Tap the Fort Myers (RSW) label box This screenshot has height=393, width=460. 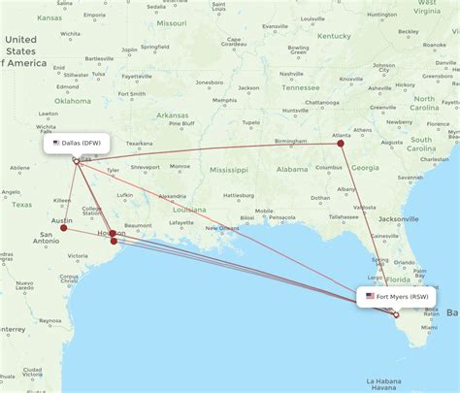coord(399,295)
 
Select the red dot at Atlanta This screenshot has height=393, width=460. coord(341,144)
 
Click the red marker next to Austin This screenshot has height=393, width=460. coord(64,229)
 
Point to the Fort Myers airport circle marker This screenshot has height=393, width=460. coord(396,314)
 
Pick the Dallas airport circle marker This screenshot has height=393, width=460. coord(76,160)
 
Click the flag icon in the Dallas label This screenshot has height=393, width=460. coord(56,143)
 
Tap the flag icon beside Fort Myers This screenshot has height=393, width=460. coord(370,295)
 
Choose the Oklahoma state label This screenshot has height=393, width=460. coord(73,100)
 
